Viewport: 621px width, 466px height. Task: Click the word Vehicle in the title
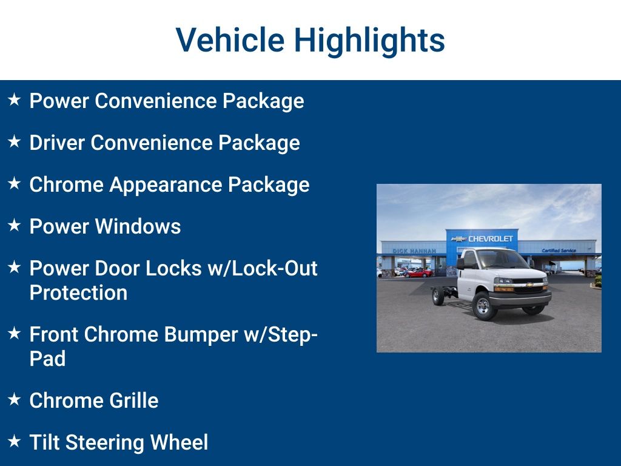230,39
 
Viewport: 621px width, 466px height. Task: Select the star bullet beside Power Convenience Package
15,100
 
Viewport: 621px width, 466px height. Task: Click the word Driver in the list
57,142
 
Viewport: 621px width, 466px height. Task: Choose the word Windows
138,226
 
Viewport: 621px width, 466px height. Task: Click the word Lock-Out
275,268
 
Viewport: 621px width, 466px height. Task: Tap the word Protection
78,293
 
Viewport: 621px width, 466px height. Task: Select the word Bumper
201,335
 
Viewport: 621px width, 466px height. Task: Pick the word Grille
134,400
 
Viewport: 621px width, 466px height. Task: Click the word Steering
104,443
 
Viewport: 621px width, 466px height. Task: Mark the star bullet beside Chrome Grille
15,399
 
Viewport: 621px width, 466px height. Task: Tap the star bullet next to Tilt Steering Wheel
15,441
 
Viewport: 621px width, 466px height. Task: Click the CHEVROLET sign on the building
490,238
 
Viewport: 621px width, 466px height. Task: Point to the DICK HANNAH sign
414,251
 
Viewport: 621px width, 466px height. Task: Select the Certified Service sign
559,251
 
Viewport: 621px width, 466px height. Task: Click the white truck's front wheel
484,306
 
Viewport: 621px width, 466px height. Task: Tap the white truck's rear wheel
438,296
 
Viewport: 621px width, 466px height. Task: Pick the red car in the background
418,273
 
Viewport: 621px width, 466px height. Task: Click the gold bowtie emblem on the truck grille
529,285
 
